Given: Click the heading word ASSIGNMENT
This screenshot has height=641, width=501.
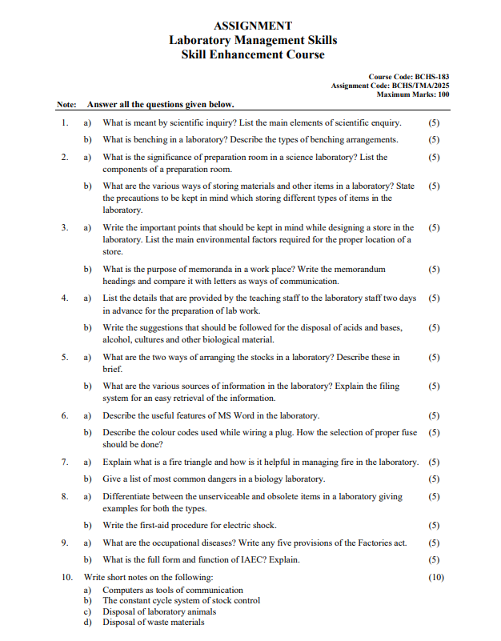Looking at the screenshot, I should click(253, 26).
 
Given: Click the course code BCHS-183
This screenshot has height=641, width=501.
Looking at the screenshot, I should click(432, 77).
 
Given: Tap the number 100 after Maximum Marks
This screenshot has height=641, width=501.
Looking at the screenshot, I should click(442, 94).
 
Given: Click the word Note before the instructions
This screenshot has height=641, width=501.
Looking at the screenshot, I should click(66, 105).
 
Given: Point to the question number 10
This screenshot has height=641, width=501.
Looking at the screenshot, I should click(67, 577).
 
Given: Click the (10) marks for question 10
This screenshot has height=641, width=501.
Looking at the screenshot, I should click(435, 577).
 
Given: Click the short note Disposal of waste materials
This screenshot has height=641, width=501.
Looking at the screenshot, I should click(153, 622).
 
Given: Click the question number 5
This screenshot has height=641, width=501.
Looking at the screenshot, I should click(65, 357).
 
